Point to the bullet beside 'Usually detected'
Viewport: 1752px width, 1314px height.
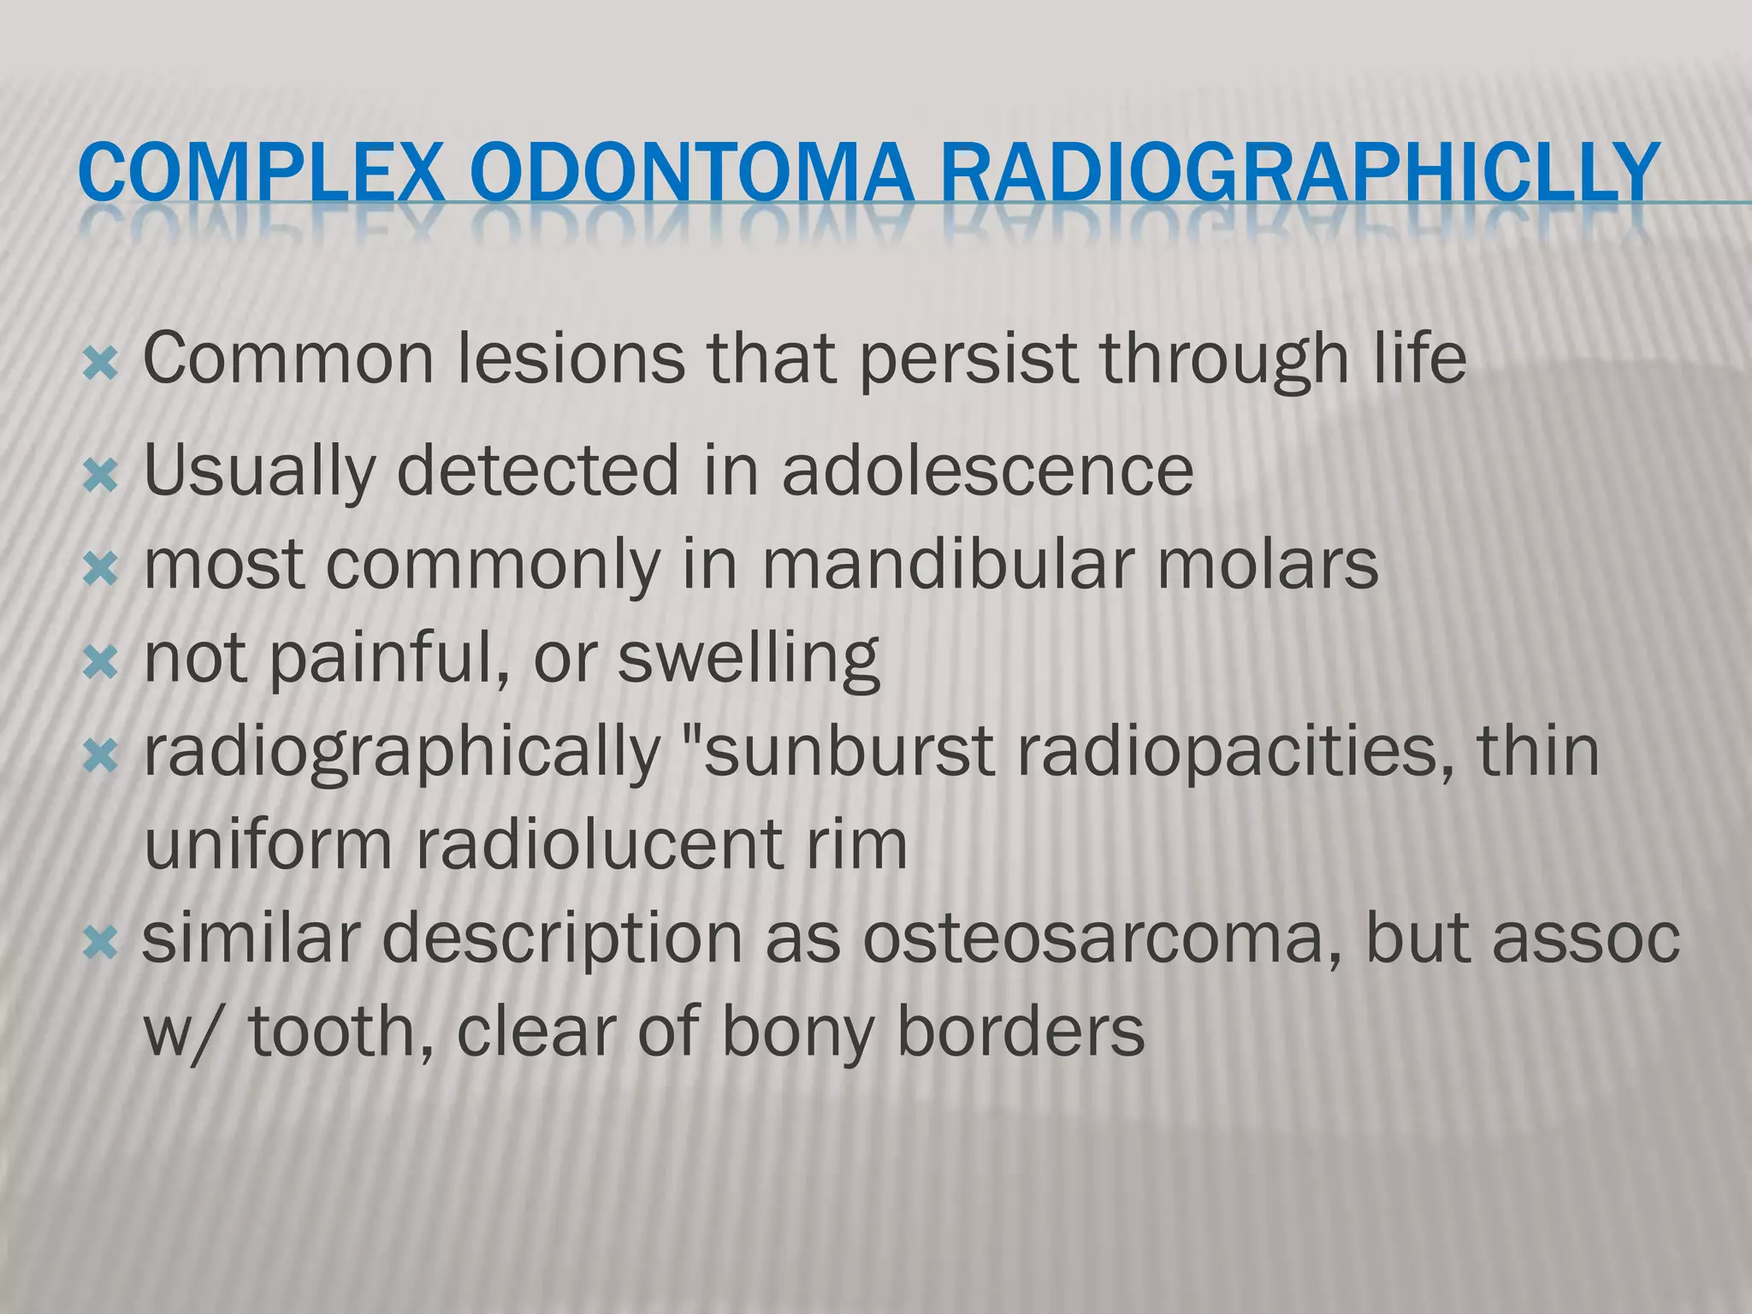pos(101,476)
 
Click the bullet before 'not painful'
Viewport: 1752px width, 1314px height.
pos(101,662)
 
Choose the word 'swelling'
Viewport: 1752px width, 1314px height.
pos(749,660)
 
